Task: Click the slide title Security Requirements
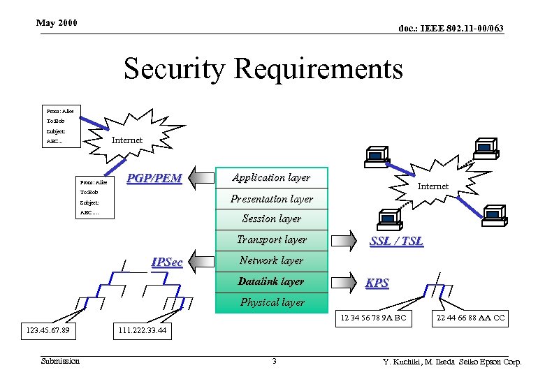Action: pos(263,69)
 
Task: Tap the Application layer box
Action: pos(271,178)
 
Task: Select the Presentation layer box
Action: pos(271,199)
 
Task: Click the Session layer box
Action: pos(271,219)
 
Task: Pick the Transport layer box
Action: pos(271,240)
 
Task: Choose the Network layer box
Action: pos(271,261)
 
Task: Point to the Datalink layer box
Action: pos(271,282)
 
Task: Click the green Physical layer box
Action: pos(271,302)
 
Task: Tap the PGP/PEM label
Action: pos(154,179)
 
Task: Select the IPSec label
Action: pos(167,263)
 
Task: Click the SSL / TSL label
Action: pos(396,241)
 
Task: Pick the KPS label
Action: pos(378,283)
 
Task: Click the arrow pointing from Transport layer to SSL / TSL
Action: pos(343,242)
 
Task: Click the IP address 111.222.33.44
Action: pos(143,330)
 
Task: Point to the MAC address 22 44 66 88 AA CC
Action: pos(470,318)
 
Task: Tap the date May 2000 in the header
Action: pos(57,24)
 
